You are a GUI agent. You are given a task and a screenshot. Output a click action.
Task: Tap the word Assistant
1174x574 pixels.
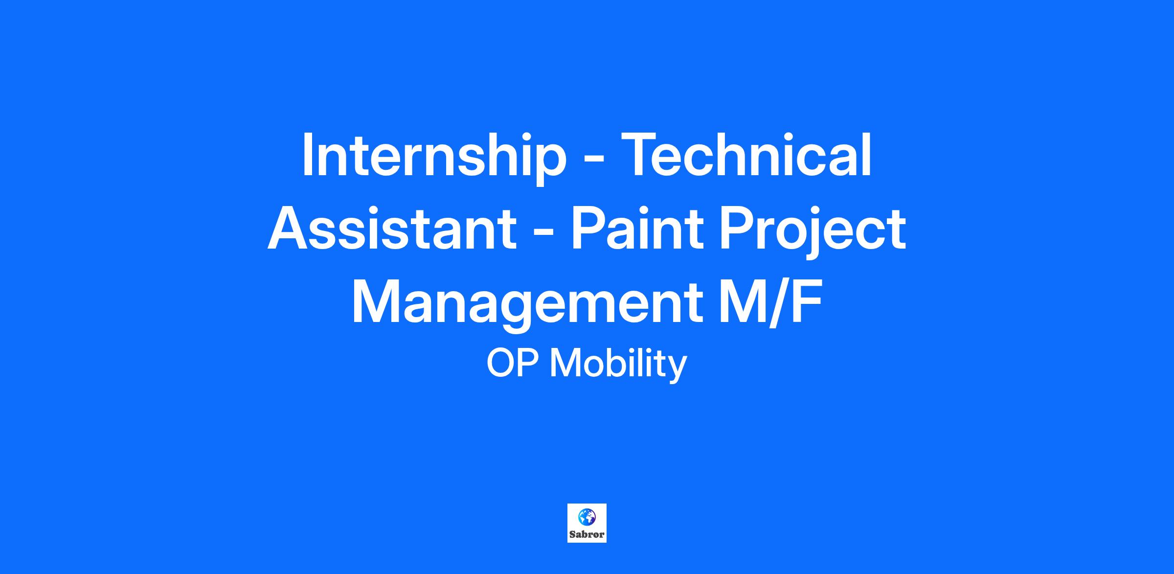click(392, 229)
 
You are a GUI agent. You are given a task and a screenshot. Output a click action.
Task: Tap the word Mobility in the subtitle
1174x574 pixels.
click(619, 365)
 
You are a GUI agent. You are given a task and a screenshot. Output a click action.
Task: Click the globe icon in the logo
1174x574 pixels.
click(587, 516)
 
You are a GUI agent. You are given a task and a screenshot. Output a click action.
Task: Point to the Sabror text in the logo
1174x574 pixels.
click(587, 534)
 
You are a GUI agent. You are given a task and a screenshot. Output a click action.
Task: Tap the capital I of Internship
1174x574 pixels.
click(307, 154)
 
